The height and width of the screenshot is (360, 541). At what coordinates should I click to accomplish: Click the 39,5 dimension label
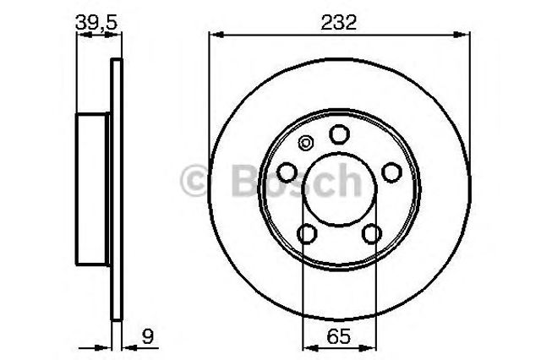[95, 24]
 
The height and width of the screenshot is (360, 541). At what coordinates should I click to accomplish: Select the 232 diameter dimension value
[339, 24]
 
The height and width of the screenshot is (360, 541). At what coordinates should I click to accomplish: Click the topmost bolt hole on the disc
[339, 135]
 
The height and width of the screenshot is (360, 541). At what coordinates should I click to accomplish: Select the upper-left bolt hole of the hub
[287, 172]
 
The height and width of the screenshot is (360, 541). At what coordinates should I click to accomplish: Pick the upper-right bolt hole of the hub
[391, 172]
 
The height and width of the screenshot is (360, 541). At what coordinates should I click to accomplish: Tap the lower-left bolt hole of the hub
[308, 233]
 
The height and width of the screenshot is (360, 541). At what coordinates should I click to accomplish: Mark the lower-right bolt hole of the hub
[370, 233]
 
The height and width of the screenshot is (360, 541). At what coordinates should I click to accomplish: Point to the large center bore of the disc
[339, 189]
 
